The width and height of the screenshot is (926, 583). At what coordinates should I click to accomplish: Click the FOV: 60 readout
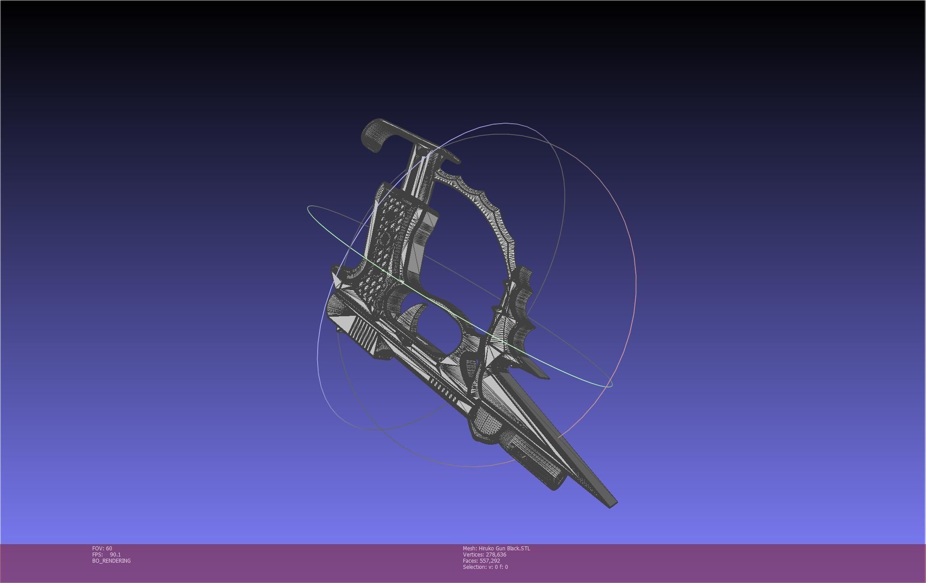point(102,549)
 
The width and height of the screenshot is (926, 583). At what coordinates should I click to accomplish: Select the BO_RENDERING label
point(111,561)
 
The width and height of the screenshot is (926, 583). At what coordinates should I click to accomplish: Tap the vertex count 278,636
point(496,555)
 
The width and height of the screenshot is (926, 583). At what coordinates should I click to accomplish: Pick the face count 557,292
point(490,561)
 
